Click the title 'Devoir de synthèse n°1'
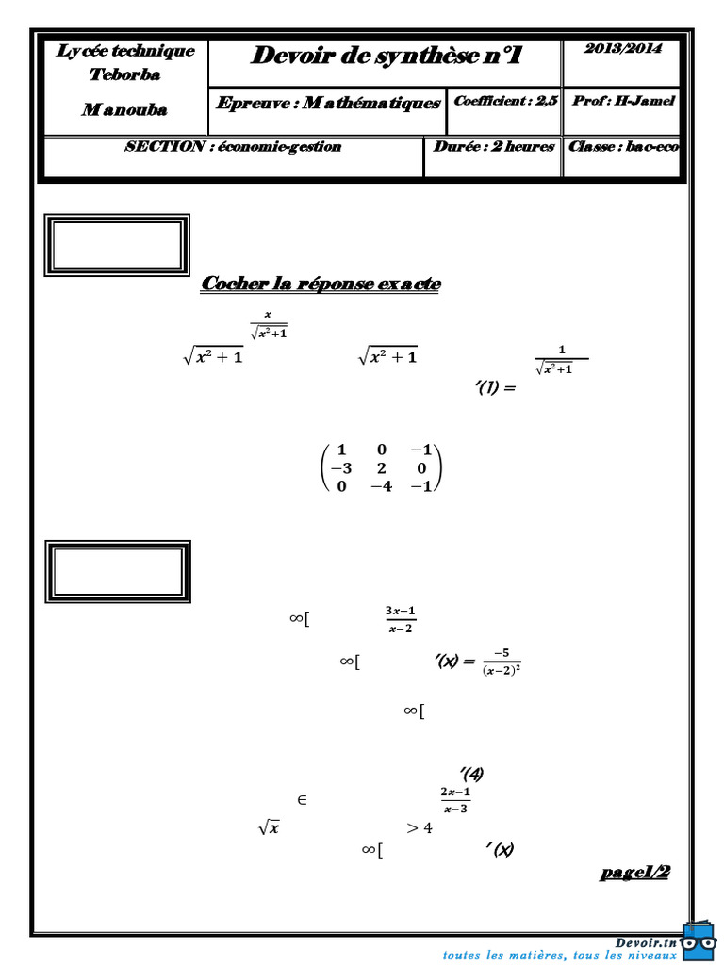click(386, 57)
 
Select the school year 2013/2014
click(622, 49)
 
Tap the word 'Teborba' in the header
click(124, 75)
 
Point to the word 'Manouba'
click(123, 109)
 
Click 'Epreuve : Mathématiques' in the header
click(327, 103)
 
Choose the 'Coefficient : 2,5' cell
click(505, 101)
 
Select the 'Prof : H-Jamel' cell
click(623, 101)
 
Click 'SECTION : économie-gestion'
click(233, 147)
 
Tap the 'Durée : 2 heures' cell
click(493, 147)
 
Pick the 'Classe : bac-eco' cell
click(623, 147)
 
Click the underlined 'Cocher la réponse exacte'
click(321, 284)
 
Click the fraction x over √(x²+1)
click(268, 325)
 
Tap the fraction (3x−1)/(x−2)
click(401, 619)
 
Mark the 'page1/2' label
click(634, 872)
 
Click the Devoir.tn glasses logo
click(699, 939)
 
